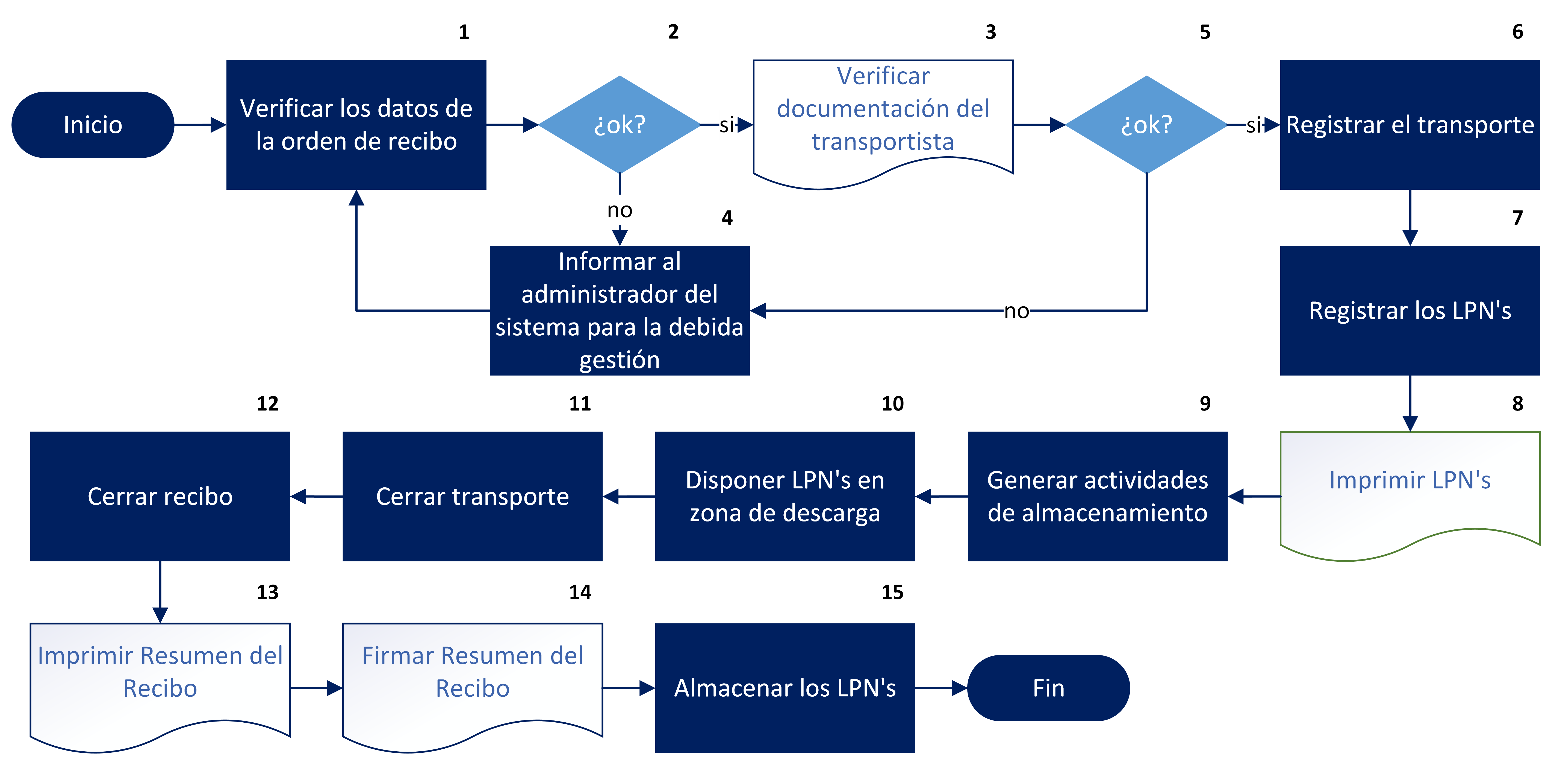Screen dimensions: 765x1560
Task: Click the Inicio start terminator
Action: coord(93,125)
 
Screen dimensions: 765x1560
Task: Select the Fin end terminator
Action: coord(1048,688)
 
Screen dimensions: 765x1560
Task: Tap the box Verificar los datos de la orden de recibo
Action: coord(356,125)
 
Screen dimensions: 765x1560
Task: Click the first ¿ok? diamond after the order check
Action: coord(620,125)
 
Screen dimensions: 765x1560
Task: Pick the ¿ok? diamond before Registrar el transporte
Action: coord(1146,125)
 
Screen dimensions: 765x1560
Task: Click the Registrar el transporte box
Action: coord(1410,125)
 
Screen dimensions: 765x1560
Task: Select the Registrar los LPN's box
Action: coord(1410,311)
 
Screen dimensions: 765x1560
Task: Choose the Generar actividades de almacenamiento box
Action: coord(1097,496)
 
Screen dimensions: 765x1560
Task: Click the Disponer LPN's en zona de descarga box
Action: coord(785,496)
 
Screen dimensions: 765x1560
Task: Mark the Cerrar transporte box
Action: coord(472,496)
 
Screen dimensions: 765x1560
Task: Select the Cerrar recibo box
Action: coord(160,496)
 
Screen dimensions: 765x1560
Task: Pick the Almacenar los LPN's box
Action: coord(785,688)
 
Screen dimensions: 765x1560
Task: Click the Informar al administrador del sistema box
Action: coord(620,311)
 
